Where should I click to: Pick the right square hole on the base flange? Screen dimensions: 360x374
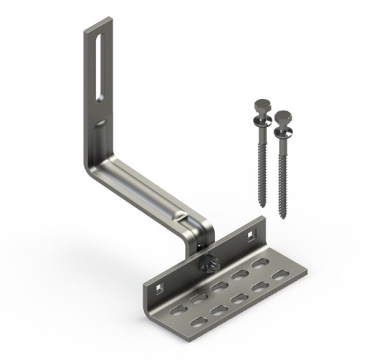(250, 234)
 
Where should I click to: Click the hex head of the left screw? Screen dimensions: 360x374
(262, 106)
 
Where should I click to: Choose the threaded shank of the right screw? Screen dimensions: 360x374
(281, 175)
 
